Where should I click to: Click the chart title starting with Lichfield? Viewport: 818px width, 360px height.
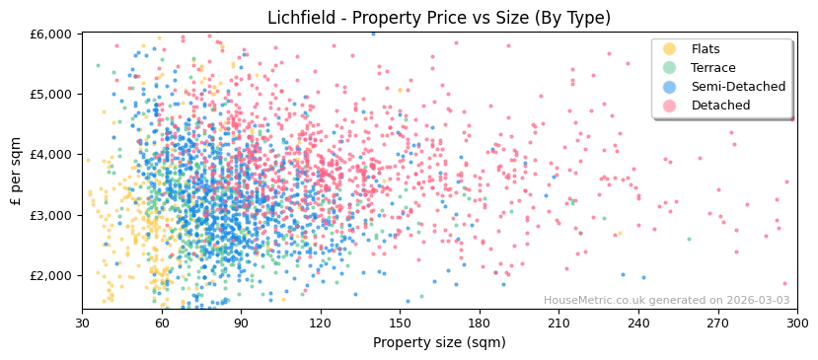coord(439,18)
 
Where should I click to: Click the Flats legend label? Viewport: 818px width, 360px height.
coord(705,49)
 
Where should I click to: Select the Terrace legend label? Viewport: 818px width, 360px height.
coord(712,68)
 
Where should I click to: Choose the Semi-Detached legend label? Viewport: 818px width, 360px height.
coord(738,87)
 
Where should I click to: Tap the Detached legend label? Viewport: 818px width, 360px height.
coord(719,106)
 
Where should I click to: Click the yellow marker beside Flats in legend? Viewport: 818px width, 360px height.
coord(670,49)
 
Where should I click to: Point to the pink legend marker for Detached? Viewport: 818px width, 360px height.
coord(670,106)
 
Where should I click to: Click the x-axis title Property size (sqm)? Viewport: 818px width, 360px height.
coord(439,343)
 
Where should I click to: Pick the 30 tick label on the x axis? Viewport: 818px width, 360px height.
coord(82,323)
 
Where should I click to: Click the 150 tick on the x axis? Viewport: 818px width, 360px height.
coord(400,323)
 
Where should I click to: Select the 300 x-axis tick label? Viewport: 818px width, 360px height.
coord(796,323)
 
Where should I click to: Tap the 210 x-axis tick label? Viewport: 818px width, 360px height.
coord(558,323)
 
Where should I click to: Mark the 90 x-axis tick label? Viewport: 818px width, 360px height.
coord(241,323)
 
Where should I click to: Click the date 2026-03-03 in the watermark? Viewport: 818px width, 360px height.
coord(757,301)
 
